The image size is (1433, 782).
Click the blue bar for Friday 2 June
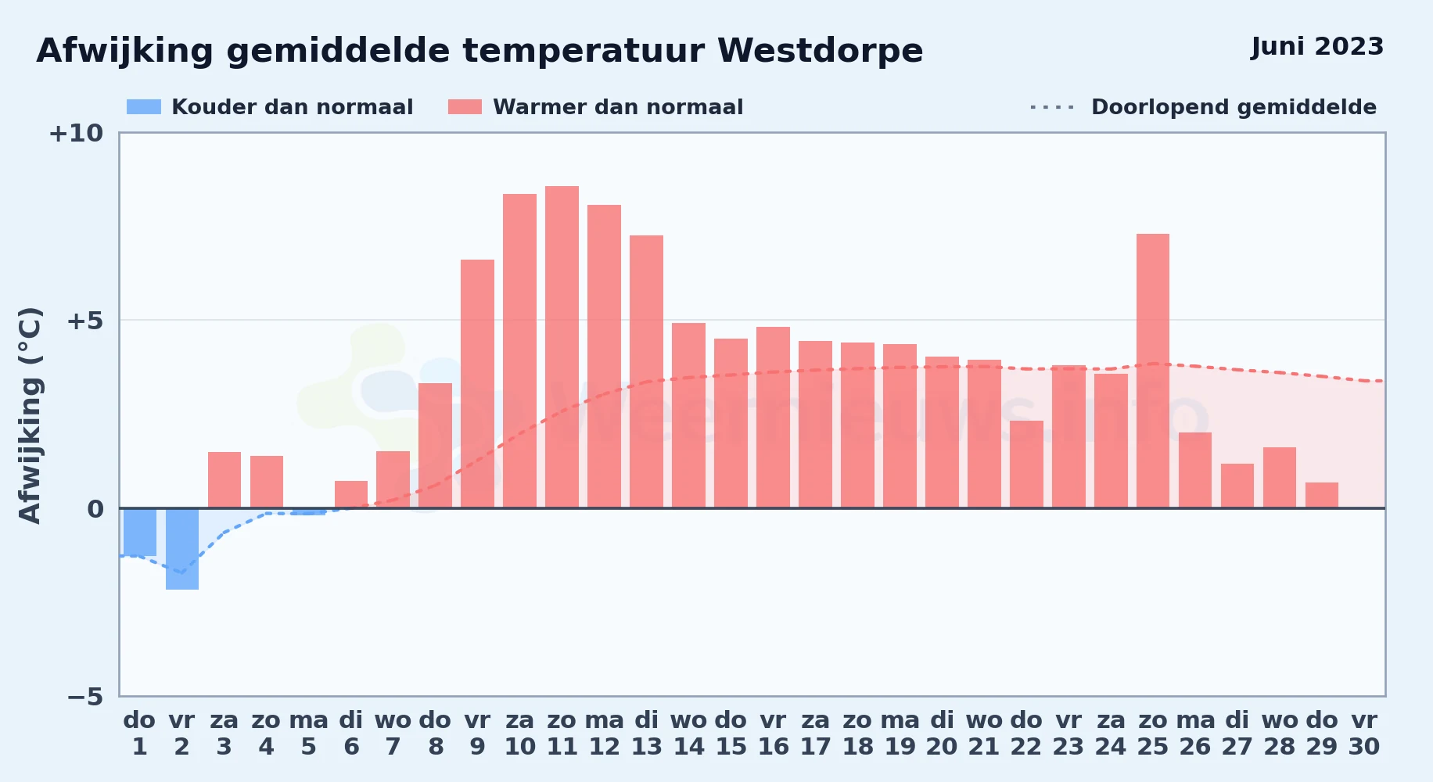click(x=182, y=549)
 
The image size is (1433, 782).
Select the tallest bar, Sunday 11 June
click(x=562, y=347)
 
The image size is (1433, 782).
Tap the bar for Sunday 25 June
click(x=1153, y=371)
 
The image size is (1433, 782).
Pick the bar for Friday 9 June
click(x=477, y=384)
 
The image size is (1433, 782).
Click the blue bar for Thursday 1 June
click(x=140, y=532)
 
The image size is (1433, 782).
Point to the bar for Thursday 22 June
click(x=1026, y=465)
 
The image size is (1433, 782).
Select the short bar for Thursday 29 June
click(x=1322, y=495)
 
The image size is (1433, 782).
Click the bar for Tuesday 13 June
click(x=647, y=371)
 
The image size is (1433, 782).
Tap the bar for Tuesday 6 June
click(x=351, y=494)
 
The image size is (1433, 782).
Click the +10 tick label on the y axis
click(x=76, y=133)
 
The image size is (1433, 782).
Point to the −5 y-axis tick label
click(x=85, y=696)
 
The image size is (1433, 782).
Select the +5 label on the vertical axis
click(x=85, y=321)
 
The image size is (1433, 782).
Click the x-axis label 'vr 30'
click(x=1364, y=733)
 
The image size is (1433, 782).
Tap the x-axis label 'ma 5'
click(x=309, y=733)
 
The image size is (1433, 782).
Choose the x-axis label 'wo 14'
click(x=689, y=733)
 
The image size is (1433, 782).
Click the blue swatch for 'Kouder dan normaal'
click(x=144, y=107)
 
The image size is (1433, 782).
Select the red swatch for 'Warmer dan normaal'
click(x=465, y=107)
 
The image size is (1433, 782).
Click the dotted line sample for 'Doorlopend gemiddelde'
click(x=1053, y=107)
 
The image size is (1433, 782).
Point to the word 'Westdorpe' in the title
click(x=821, y=51)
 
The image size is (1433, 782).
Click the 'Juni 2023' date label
click(x=1317, y=46)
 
